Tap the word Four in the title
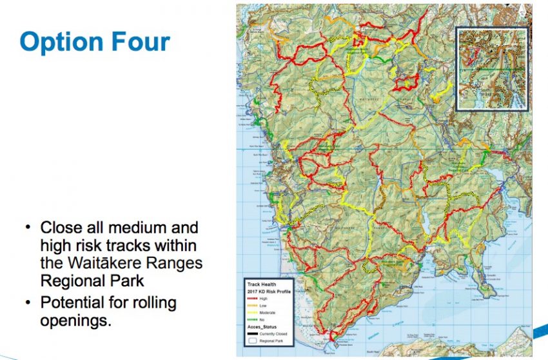[138, 42]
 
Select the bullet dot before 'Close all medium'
[28, 227]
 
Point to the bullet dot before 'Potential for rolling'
[28, 302]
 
